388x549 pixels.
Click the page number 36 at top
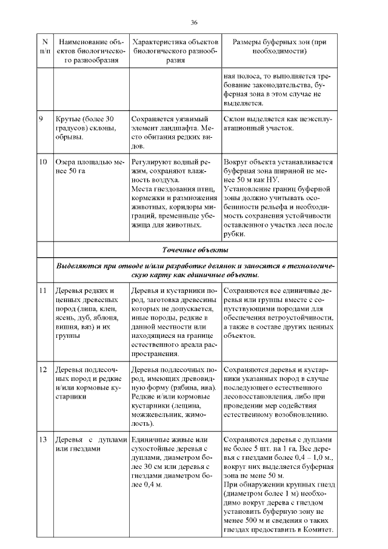click(195, 22)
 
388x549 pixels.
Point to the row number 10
click(42, 163)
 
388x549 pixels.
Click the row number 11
click(42, 291)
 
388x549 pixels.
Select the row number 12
click(42, 369)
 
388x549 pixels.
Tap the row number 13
click(42, 439)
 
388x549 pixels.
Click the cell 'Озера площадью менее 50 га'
click(89, 167)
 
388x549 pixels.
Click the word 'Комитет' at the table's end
click(316, 530)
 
